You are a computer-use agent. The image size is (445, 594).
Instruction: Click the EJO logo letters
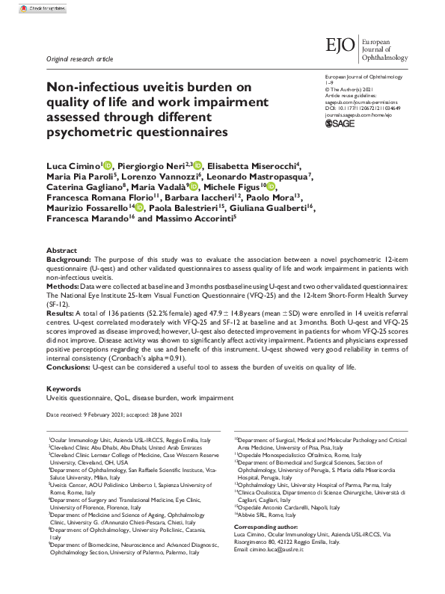click(x=340, y=47)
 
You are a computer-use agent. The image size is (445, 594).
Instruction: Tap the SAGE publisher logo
click(x=340, y=124)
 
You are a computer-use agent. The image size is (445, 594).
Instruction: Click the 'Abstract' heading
click(x=61, y=251)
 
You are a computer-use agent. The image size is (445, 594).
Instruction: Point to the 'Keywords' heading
click(x=64, y=389)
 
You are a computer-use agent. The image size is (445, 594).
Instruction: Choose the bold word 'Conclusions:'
click(x=70, y=368)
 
